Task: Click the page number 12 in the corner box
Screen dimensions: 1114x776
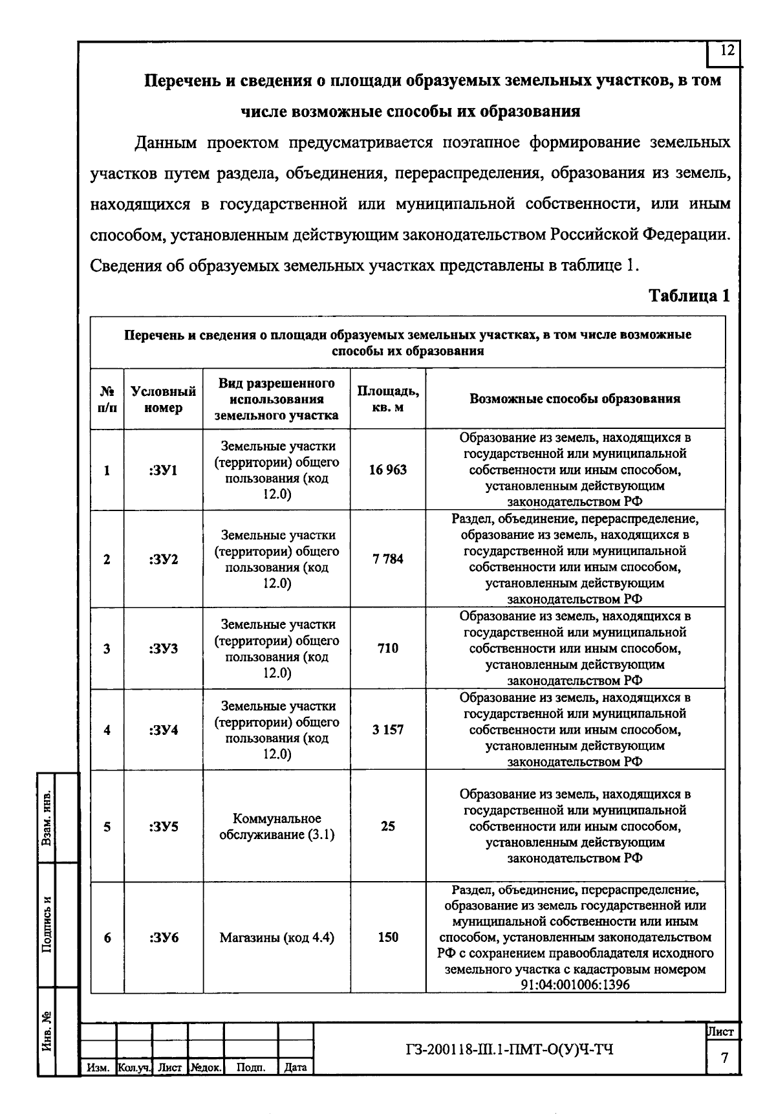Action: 727,51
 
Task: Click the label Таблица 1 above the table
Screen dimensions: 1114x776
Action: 689,296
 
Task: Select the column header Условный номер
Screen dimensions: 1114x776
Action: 164,399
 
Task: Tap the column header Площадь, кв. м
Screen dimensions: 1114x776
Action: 388,399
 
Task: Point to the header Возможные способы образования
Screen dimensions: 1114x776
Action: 575,399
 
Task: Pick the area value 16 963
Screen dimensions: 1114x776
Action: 388,470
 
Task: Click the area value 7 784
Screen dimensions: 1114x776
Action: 388,559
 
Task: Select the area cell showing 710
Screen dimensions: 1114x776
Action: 388,648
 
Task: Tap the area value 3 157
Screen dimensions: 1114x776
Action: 388,730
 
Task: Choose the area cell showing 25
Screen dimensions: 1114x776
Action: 388,826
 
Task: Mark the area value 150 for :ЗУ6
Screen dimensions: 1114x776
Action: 388,937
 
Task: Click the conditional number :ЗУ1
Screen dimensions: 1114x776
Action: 164,470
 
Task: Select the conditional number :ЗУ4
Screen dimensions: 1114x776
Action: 164,730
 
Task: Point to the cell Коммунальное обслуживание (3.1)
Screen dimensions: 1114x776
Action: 277,827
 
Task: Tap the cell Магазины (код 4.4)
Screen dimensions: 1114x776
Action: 277,937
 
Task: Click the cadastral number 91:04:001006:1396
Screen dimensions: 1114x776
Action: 575,985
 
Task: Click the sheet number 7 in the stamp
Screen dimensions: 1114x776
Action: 724,1058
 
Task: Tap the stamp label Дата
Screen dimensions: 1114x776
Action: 296,1067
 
